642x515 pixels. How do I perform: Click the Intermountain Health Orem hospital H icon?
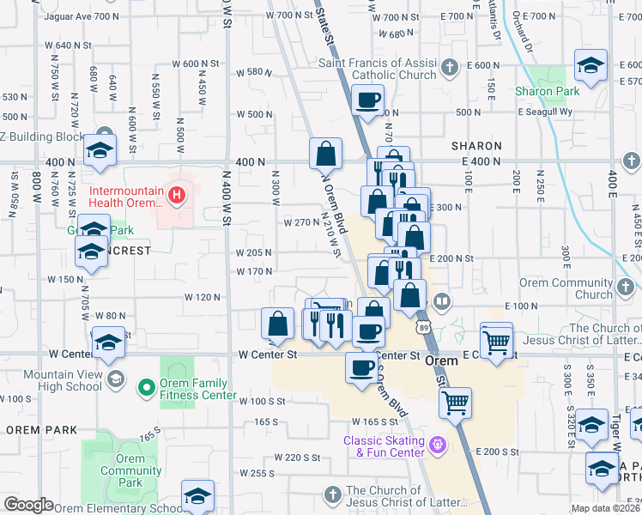[x=177, y=196]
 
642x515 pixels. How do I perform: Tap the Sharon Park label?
[x=548, y=91]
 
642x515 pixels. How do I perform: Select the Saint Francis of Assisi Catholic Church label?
[x=378, y=70]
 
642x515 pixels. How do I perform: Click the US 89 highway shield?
[x=424, y=328]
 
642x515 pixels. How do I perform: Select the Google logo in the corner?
[x=27, y=505]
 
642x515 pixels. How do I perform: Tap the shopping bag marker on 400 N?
[x=326, y=154]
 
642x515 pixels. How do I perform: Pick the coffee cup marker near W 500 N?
[x=367, y=101]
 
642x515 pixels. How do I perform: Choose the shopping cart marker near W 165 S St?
[x=455, y=401]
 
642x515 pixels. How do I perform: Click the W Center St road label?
[x=267, y=354]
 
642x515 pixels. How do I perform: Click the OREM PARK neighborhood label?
[x=40, y=429]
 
